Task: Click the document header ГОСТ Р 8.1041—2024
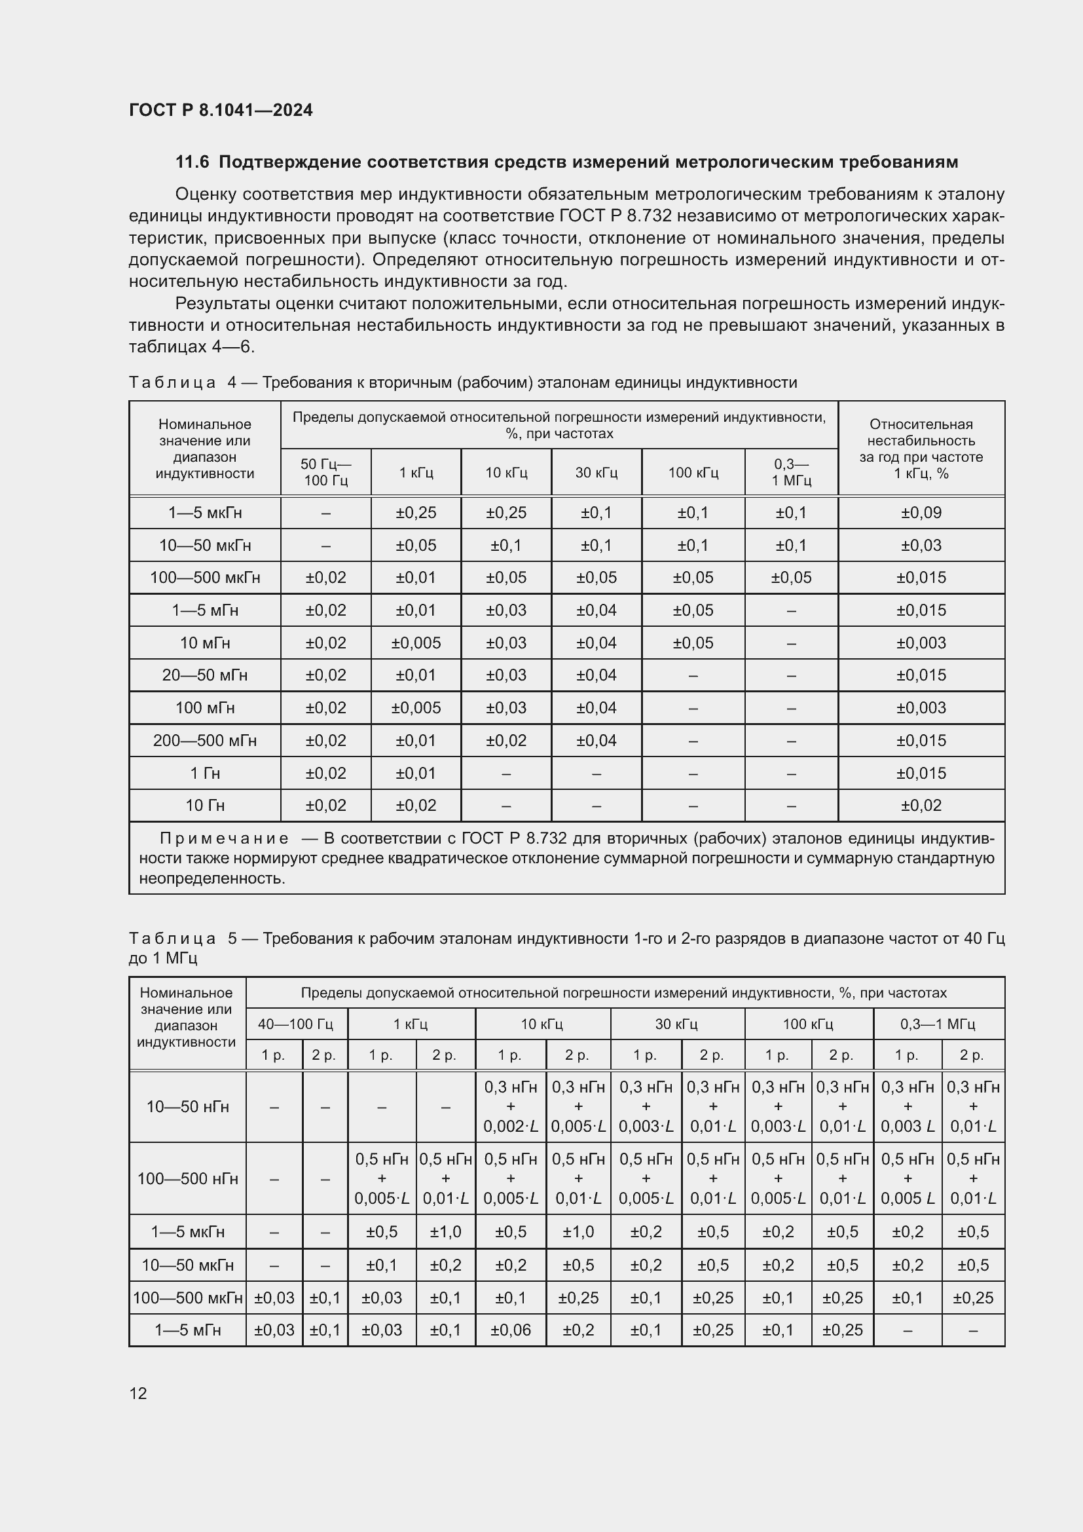(221, 110)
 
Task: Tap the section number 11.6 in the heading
(192, 162)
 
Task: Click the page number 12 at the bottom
(138, 1393)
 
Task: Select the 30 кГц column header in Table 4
(597, 472)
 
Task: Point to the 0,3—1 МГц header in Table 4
(791, 472)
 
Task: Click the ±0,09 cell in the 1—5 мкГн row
(921, 512)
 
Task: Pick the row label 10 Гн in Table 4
(205, 806)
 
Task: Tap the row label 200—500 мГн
(205, 740)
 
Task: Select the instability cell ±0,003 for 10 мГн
(921, 643)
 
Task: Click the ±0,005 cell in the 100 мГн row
(416, 707)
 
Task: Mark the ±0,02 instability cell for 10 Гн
(921, 806)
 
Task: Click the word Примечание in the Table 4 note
(224, 839)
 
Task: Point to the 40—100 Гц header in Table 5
(296, 1024)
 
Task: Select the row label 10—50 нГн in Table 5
(187, 1106)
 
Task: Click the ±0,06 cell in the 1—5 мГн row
(510, 1330)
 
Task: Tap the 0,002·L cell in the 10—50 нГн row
(510, 1127)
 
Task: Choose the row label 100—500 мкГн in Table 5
(187, 1298)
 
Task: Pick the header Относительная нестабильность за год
(921, 449)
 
